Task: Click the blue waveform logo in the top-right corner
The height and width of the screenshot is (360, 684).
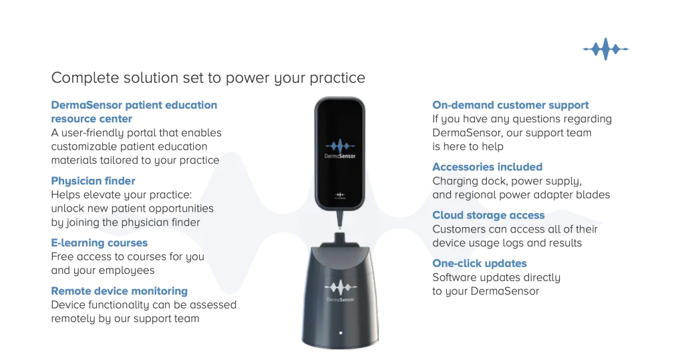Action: tap(605, 49)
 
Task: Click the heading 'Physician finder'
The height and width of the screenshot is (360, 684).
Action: tap(93, 180)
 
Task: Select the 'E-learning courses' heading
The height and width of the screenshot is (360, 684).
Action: tap(100, 242)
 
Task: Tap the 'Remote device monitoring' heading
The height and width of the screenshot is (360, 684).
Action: tap(120, 291)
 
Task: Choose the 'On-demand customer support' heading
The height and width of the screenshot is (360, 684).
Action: tap(510, 105)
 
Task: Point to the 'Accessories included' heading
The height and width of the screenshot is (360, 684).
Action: tap(487, 167)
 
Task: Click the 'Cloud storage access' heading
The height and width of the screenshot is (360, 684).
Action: tap(488, 215)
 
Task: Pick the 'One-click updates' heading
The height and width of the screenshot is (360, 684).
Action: tap(480, 264)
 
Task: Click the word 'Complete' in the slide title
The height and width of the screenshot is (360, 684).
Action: tap(85, 77)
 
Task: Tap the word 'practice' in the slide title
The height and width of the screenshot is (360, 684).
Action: tap(337, 78)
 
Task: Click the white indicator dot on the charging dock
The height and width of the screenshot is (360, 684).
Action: tap(341, 333)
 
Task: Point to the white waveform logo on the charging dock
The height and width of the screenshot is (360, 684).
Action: tap(340, 288)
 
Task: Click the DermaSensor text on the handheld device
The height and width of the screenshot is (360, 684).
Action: tap(340, 156)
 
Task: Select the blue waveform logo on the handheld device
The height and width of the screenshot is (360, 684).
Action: tap(340, 146)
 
